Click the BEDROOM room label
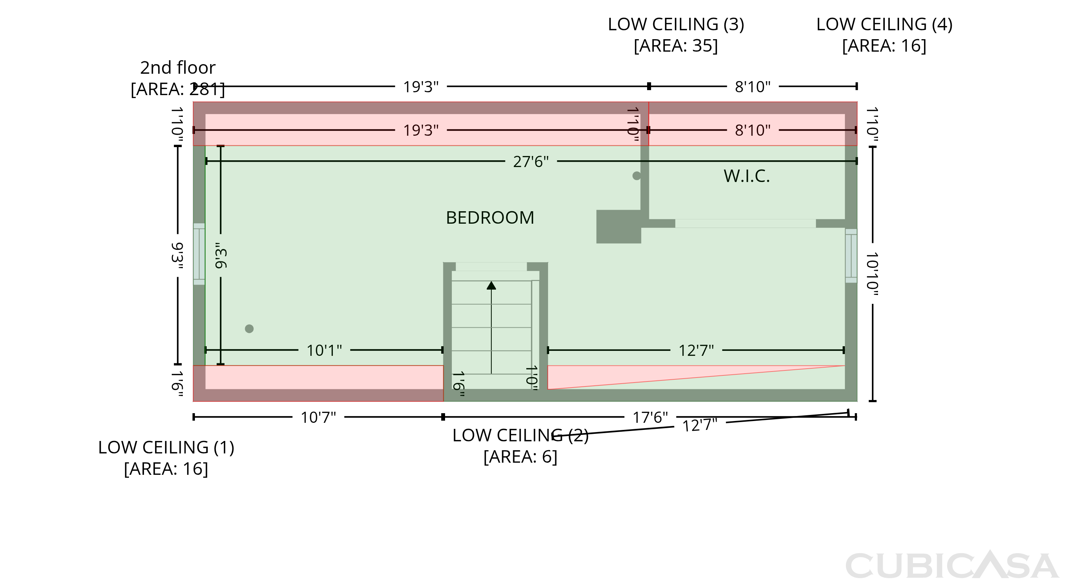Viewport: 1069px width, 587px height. click(x=490, y=218)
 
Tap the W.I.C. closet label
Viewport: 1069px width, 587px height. click(x=747, y=176)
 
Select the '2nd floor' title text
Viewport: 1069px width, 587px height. click(x=177, y=68)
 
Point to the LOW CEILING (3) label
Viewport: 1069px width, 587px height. click(x=676, y=25)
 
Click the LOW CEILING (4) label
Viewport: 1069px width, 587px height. click(x=884, y=25)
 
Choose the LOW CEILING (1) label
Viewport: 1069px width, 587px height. click(x=166, y=448)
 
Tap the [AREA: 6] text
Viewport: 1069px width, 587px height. click(x=520, y=457)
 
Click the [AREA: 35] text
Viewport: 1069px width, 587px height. click(x=676, y=46)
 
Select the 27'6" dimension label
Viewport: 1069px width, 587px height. click(x=531, y=162)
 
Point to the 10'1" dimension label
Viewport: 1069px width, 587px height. click(x=324, y=350)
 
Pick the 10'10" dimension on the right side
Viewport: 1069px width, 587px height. click(x=872, y=274)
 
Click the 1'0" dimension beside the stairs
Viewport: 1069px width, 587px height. click(x=532, y=378)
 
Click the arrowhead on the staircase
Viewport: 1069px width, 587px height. click(x=491, y=285)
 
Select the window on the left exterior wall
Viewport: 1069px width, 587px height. click(x=199, y=254)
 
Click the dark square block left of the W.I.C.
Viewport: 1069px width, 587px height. click(x=619, y=227)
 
